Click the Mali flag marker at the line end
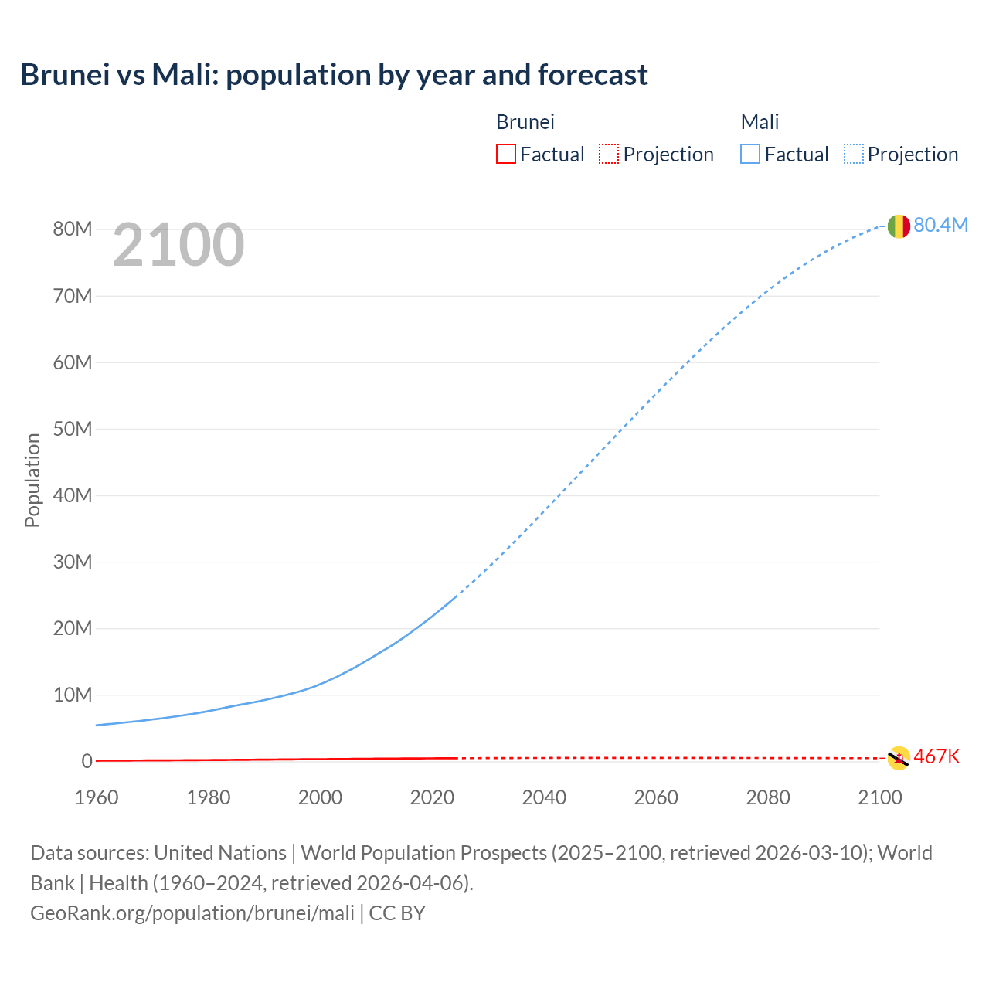click(x=899, y=226)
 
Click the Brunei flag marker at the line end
click(x=899, y=758)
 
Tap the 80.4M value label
click(x=940, y=225)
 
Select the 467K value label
click(x=936, y=756)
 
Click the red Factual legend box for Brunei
click(x=505, y=155)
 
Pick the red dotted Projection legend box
click(x=609, y=155)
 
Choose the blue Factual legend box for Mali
click(x=749, y=155)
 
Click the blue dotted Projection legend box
click(x=854, y=155)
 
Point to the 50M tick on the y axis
click(x=73, y=429)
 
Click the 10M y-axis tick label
click(x=73, y=695)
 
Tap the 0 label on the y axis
click(x=87, y=761)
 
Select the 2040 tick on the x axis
click(x=544, y=797)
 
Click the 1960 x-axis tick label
click(x=97, y=797)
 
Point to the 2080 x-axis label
click(x=768, y=797)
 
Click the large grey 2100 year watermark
click(x=178, y=245)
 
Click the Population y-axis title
click(x=32, y=480)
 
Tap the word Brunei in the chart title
click(x=65, y=75)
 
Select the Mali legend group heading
click(x=760, y=122)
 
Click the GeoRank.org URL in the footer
click(x=192, y=913)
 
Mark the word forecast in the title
click(x=593, y=75)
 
